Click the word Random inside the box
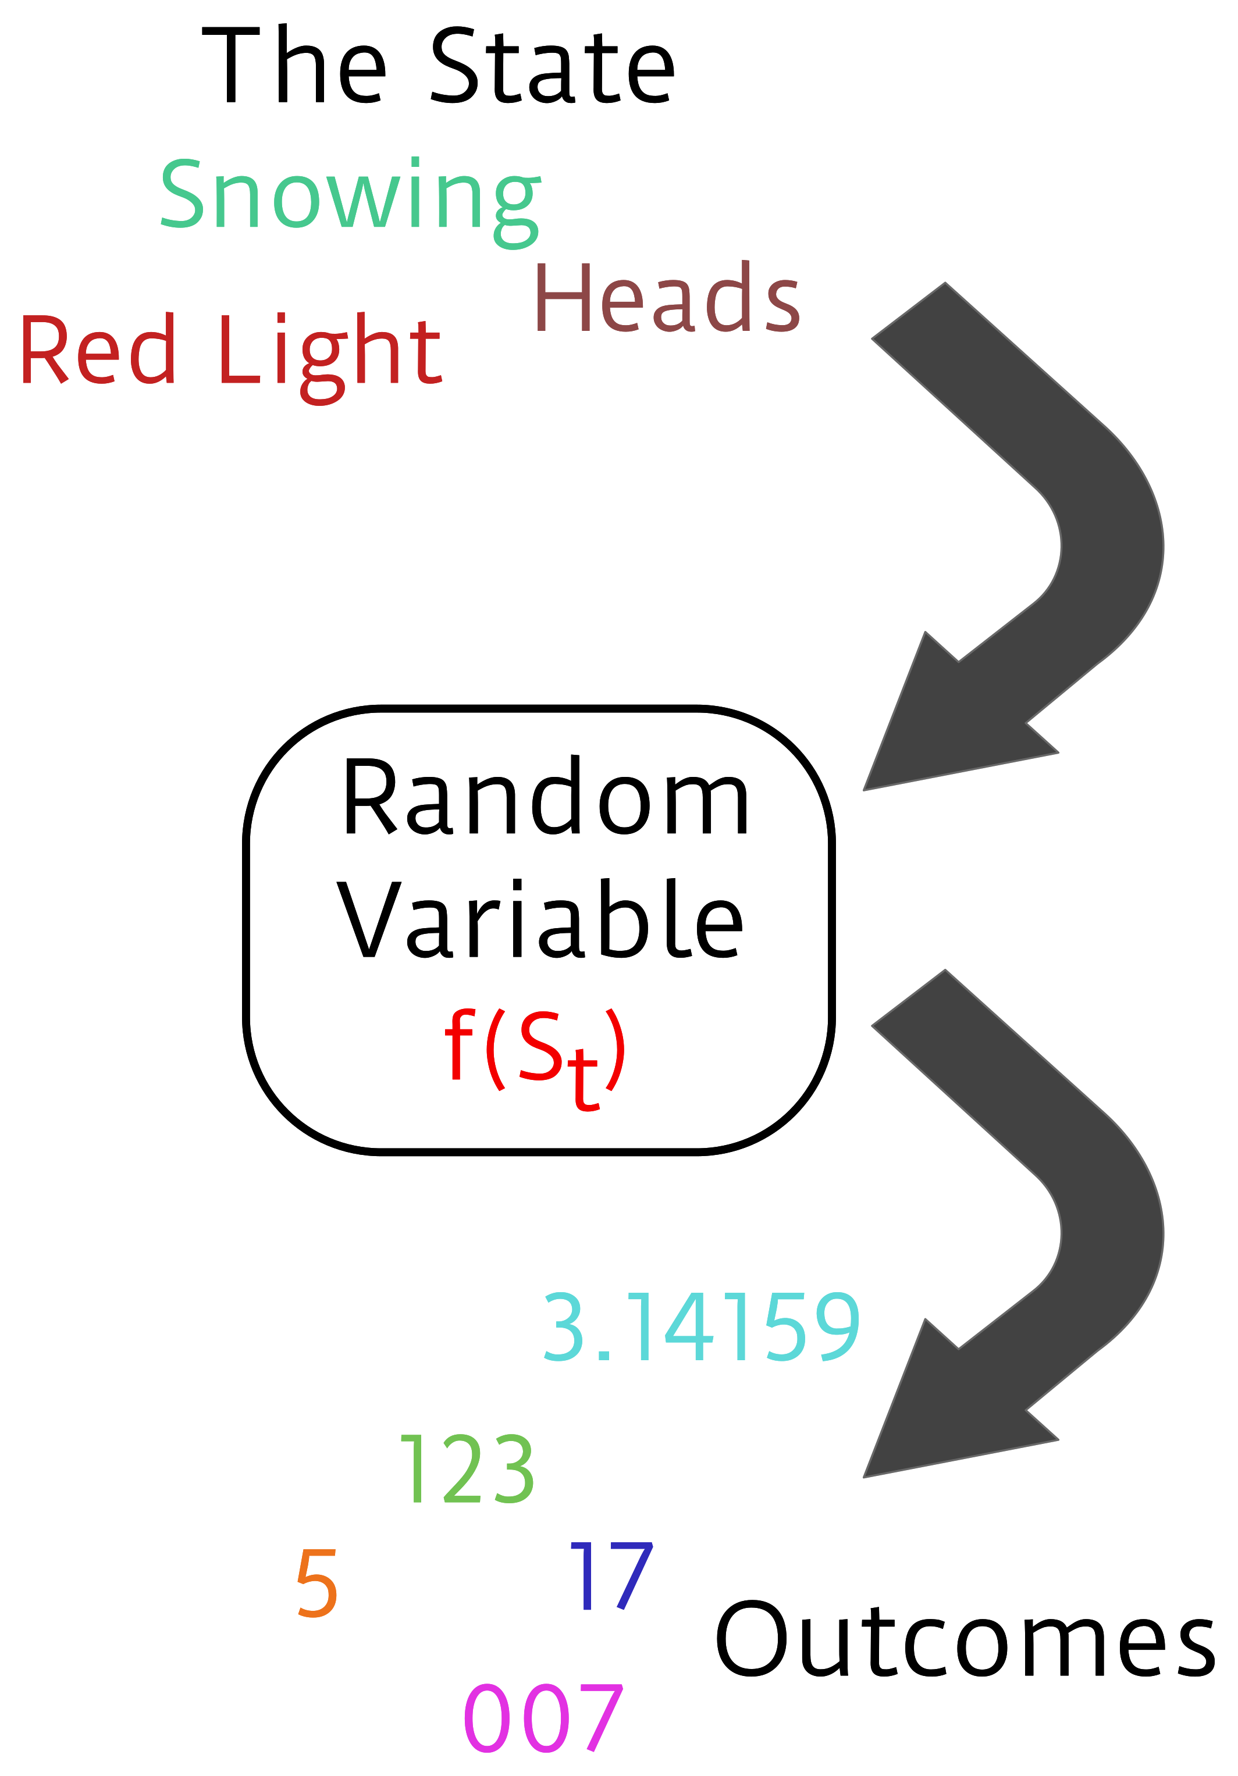tap(546, 798)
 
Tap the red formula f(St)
tap(535, 1052)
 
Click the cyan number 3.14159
tap(701, 1328)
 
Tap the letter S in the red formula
tap(540, 1046)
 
